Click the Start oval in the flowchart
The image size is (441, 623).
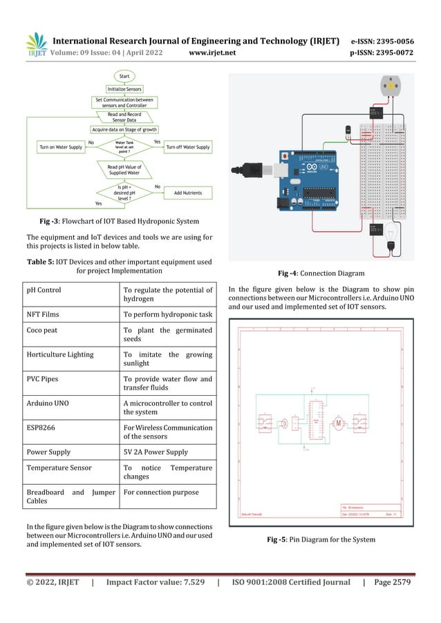(124, 76)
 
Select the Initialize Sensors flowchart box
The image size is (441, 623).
(124, 89)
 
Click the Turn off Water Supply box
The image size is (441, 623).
(188, 147)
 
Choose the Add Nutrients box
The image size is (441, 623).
(188, 193)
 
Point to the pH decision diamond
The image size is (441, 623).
(124, 193)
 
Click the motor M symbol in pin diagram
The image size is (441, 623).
(339, 421)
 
